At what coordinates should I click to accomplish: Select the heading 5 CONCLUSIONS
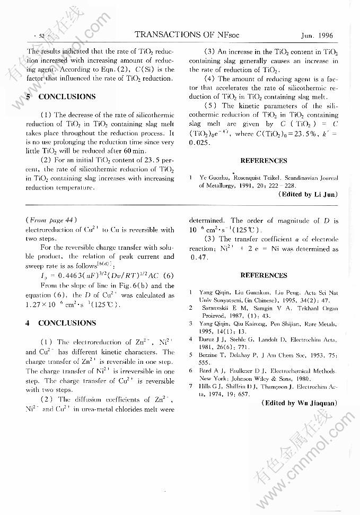[x=62, y=97]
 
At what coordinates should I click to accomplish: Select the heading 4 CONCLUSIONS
[x=62, y=323]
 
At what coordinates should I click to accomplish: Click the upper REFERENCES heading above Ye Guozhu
[x=264, y=161]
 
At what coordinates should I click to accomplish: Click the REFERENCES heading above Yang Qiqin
[x=264, y=275]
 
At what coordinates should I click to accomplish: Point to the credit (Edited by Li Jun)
[x=307, y=195]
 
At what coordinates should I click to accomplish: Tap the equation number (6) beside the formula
[x=169, y=275]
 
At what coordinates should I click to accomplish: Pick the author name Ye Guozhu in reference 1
[x=214, y=178]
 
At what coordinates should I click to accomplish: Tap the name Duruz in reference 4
[x=208, y=338]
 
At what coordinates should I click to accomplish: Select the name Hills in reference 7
[x=206, y=387]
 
